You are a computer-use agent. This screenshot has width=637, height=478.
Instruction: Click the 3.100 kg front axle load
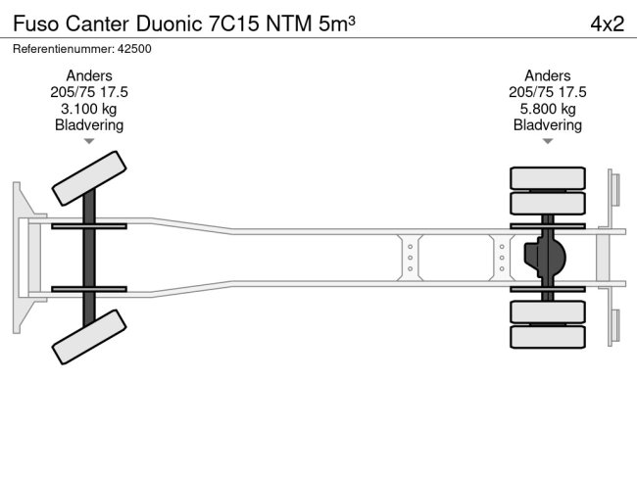(88, 109)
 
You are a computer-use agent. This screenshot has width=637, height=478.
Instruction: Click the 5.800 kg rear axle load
(547, 109)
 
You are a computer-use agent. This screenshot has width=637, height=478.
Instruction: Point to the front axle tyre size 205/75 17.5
(88, 92)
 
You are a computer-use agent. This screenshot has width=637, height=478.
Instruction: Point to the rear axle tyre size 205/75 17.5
(547, 92)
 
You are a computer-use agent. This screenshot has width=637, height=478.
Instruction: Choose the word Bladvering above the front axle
(88, 125)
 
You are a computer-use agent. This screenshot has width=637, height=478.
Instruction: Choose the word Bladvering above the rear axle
(547, 125)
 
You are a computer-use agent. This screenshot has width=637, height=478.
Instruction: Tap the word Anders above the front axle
(88, 75)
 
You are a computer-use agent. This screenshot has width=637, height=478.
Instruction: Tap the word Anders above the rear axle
(547, 75)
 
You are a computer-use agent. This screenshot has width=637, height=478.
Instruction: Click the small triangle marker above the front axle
(88, 142)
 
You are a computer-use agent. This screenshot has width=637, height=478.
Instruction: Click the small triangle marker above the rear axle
(547, 142)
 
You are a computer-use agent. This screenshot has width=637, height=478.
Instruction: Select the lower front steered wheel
(86, 336)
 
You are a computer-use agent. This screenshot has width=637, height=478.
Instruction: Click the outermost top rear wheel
(547, 177)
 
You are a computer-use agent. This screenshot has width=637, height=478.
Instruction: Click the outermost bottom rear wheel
(547, 337)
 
